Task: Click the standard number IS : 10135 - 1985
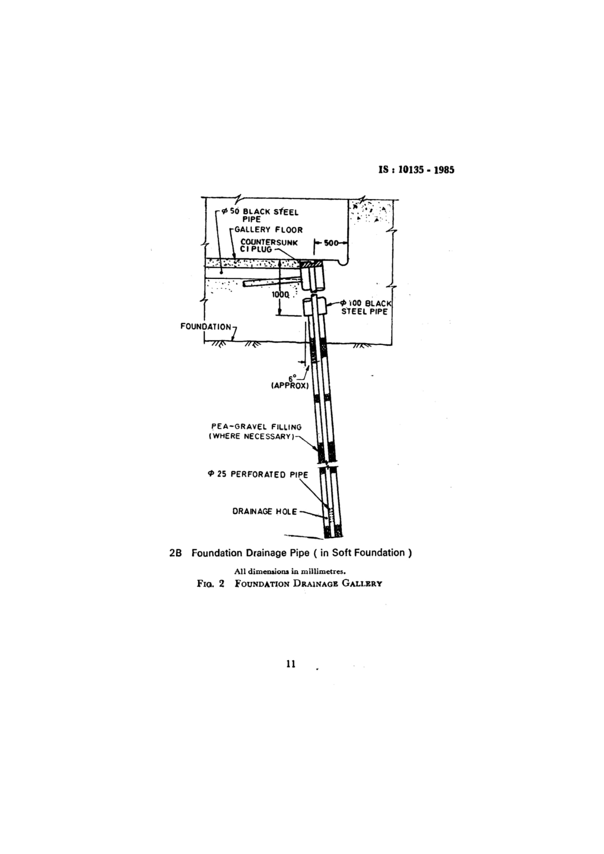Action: pos(416,170)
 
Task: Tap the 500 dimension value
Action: pos(330,243)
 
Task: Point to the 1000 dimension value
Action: pos(280,294)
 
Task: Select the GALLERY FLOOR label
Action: pos(268,230)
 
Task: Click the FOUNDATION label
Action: pos(206,326)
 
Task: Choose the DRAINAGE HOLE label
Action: pos(265,512)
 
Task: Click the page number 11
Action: pos(291,664)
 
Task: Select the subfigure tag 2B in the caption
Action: pos(175,553)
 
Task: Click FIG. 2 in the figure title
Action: pos(210,583)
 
